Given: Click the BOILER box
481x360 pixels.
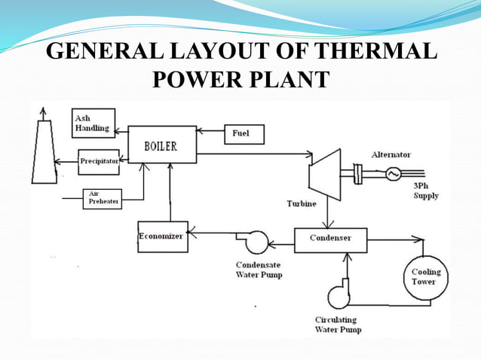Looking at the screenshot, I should pyautogui.click(x=161, y=145).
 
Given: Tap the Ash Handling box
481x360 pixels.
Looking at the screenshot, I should pyautogui.click(x=92, y=124).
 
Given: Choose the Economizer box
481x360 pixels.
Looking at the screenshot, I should pyautogui.click(x=162, y=236).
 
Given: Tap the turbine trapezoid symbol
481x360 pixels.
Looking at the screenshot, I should pyautogui.click(x=325, y=174).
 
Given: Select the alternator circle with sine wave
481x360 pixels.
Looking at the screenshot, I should pyautogui.click(x=392, y=174).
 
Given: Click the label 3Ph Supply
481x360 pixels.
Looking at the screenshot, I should pyautogui.click(x=426, y=191).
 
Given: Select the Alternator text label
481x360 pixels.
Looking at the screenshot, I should pyautogui.click(x=391, y=154).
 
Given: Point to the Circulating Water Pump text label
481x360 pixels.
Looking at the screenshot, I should pyautogui.click(x=338, y=325).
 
